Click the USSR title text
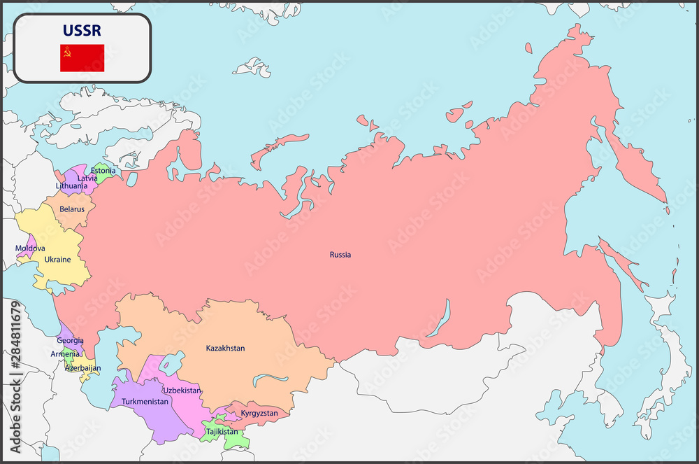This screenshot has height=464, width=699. pyautogui.click(x=82, y=31)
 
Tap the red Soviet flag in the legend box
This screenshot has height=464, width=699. pyautogui.click(x=82, y=58)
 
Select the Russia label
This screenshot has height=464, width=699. pyautogui.click(x=340, y=255)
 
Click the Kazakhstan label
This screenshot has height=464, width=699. pyautogui.click(x=225, y=348)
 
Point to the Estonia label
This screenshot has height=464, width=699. pyautogui.click(x=103, y=170)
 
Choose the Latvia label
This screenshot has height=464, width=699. pyautogui.click(x=87, y=178)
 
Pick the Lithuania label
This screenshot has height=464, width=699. pyautogui.click(x=71, y=186)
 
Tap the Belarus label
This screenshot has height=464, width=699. pyautogui.click(x=72, y=209)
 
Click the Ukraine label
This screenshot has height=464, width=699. pyautogui.click(x=57, y=260)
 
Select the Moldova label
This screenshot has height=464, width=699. pyautogui.click(x=30, y=248)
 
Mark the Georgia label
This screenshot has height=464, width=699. pyautogui.click(x=70, y=341)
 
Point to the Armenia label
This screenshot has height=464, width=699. pyautogui.click(x=65, y=354)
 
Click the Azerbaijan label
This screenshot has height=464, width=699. pyautogui.click(x=82, y=367)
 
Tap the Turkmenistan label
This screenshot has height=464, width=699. pyautogui.click(x=145, y=402)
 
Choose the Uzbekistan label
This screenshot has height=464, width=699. pyautogui.click(x=182, y=391)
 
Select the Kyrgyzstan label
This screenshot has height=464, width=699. pyautogui.click(x=259, y=413)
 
